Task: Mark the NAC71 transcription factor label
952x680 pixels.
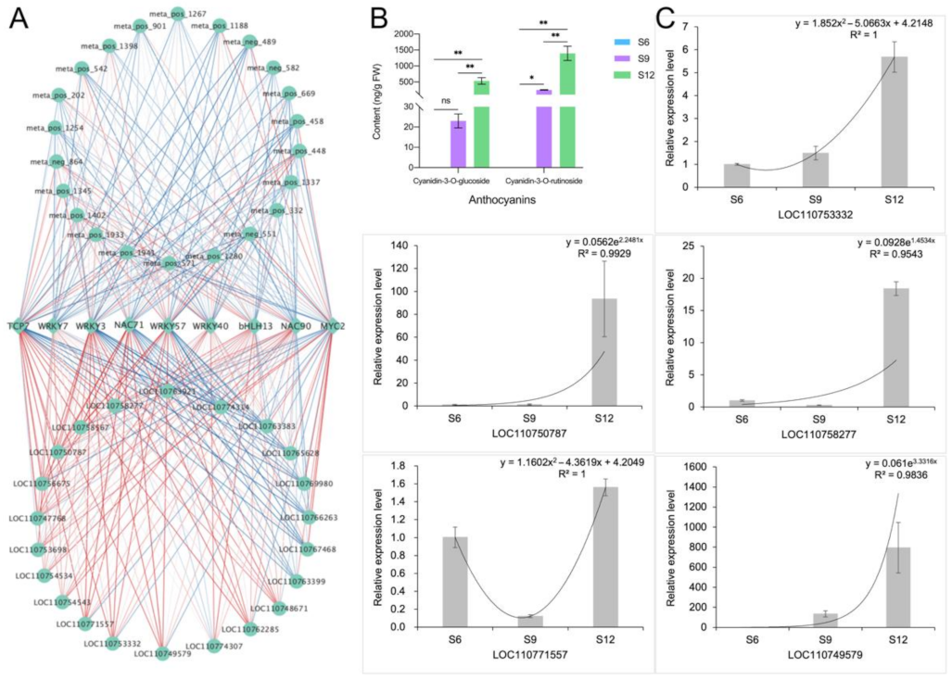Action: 128,325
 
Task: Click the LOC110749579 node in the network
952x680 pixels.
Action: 162,654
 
